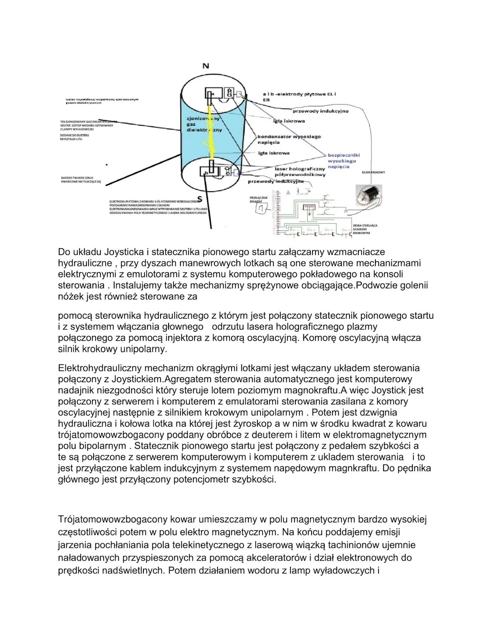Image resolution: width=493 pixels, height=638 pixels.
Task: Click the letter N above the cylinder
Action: (206, 66)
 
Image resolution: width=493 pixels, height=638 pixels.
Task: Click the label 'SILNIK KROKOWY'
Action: (373, 172)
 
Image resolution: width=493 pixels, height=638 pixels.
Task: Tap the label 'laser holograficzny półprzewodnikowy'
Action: (300, 171)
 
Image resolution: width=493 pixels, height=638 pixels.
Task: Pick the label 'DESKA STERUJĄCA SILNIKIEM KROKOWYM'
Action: (365, 229)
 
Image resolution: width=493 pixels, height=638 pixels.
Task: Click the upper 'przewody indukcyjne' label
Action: (320, 111)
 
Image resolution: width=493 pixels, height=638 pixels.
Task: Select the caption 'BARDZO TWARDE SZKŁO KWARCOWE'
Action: (81, 179)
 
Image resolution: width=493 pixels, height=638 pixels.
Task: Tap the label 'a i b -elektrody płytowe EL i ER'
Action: (299, 96)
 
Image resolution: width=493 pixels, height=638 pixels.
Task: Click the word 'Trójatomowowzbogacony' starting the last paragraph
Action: (113, 520)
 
